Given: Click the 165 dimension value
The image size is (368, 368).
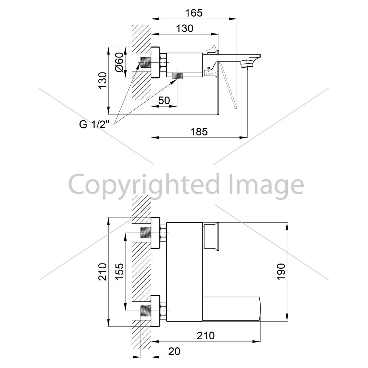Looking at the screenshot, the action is pos(194,13).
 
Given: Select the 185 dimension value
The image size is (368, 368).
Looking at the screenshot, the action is pos(199,132).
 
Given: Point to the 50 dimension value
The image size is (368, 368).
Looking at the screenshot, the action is pos(164,100).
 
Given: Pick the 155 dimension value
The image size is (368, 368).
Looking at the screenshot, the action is pos(120,271).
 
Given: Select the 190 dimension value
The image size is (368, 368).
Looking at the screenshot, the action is pos(281,271).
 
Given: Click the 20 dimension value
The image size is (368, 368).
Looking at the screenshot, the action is pos(174,351).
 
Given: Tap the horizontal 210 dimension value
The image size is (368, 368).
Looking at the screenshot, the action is pos(205,336).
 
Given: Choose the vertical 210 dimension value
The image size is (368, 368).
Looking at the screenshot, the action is pos(103,272).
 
